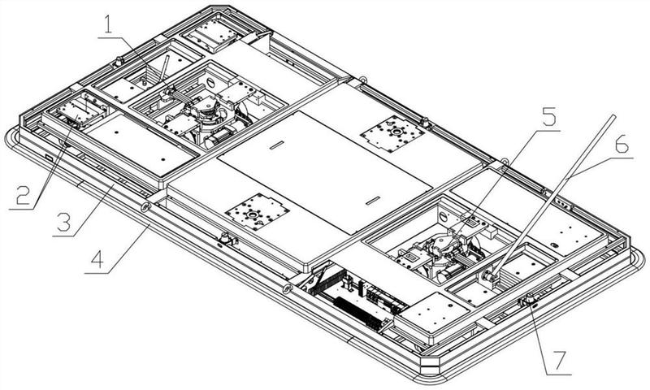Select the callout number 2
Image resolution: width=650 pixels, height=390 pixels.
tap(24, 195)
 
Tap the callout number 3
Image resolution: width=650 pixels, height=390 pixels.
tap(64, 222)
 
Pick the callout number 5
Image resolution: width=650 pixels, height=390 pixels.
tap(549, 117)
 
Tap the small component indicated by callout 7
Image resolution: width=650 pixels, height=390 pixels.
tap(528, 299)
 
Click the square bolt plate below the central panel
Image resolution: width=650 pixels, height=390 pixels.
tap(257, 212)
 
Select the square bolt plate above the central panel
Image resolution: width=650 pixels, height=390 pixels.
tap(392, 134)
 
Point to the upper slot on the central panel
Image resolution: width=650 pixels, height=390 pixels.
tap(276, 145)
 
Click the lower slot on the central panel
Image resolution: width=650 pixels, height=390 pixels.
tap(373, 201)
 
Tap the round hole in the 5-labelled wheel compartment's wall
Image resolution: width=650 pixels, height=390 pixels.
tap(444, 216)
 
